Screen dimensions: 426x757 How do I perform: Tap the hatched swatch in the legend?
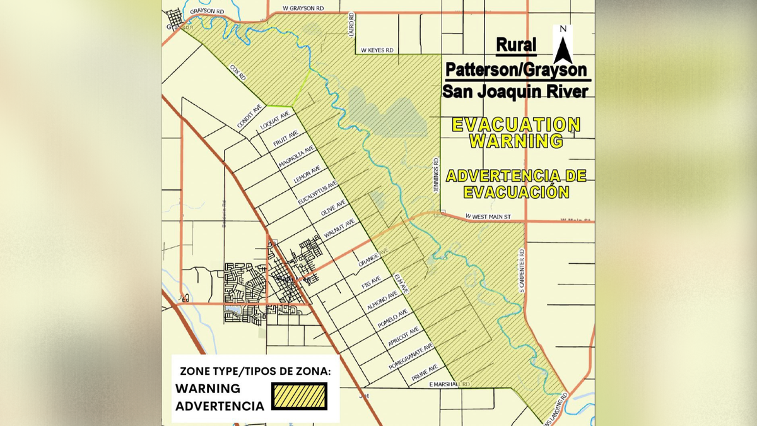click(x=299, y=396)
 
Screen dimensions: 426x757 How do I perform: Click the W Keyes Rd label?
click(x=377, y=50)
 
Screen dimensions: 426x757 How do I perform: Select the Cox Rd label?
click(x=237, y=71)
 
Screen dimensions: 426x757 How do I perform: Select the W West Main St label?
click(x=488, y=216)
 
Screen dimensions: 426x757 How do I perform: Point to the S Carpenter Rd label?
click(x=522, y=270)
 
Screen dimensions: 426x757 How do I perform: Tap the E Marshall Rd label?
click(x=449, y=384)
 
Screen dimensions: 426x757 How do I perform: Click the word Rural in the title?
click(x=516, y=45)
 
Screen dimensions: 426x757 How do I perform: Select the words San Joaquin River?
click(x=515, y=92)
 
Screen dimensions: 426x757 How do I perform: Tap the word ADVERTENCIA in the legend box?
click(x=220, y=406)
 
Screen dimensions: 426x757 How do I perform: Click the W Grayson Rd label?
click(x=303, y=8)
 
